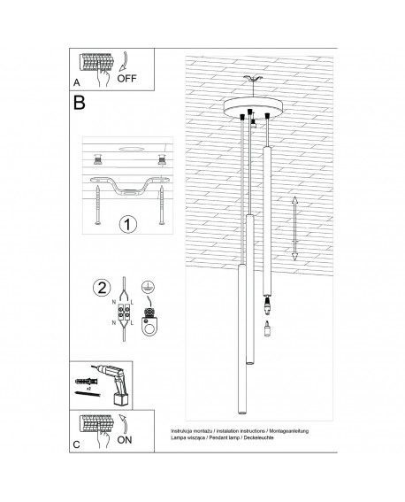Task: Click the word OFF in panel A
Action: (x=126, y=79)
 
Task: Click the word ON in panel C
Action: (x=125, y=440)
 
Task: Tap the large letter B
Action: (x=79, y=103)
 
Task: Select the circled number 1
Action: (x=128, y=224)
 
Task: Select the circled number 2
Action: (x=102, y=287)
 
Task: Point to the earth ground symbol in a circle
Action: (x=147, y=286)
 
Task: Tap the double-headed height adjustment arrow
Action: (x=294, y=228)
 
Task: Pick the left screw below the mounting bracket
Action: (x=97, y=205)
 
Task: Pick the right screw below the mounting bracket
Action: (x=162, y=205)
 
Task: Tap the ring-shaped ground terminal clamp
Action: (x=149, y=325)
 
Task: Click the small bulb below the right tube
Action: (x=267, y=328)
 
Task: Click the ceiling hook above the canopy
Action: (x=253, y=79)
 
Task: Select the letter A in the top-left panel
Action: (x=76, y=82)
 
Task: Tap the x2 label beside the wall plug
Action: (x=89, y=388)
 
